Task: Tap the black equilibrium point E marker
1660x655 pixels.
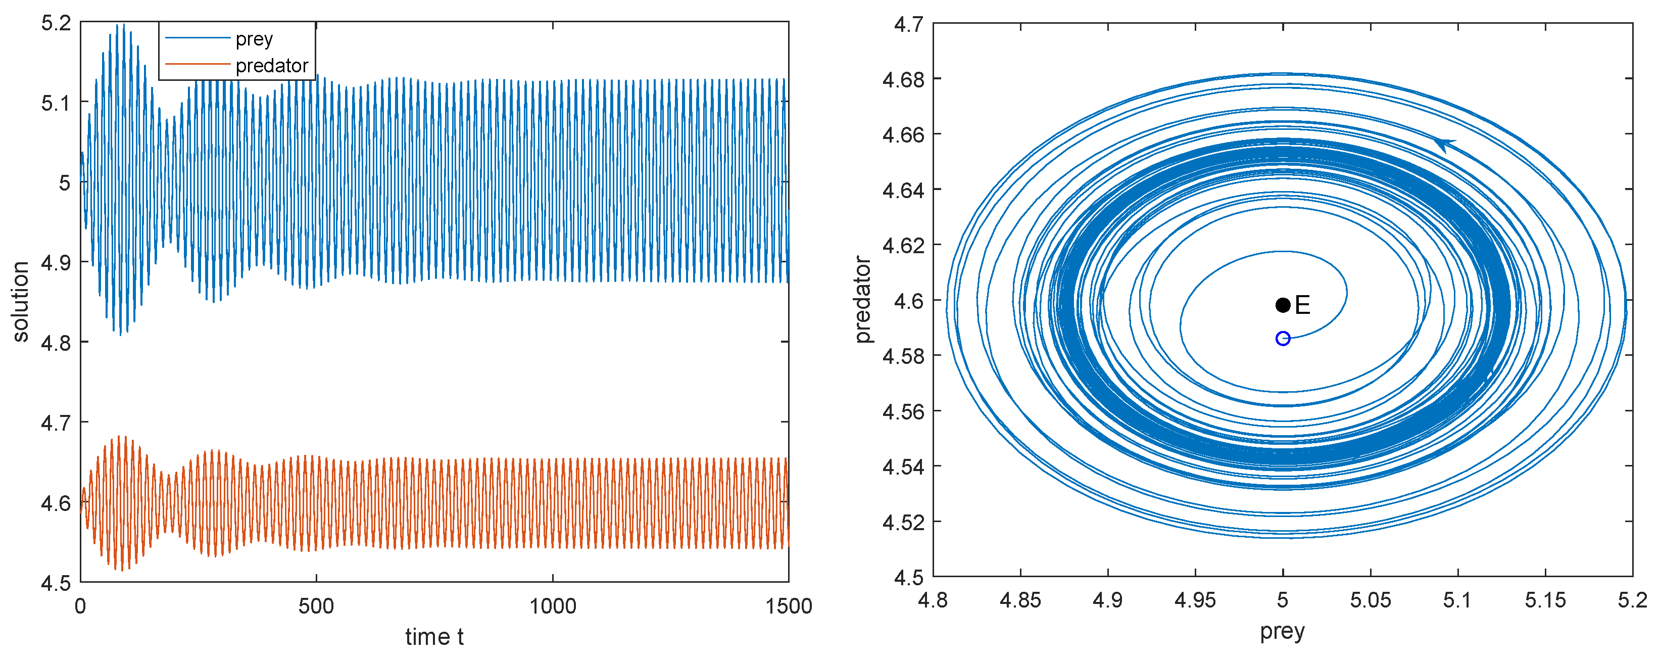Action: point(1282,305)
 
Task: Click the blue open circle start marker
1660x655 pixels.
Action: point(1282,339)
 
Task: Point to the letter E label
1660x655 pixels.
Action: point(1302,305)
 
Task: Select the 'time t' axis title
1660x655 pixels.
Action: point(434,637)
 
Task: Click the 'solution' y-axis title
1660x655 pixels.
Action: point(21,302)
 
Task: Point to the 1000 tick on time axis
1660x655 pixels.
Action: point(552,606)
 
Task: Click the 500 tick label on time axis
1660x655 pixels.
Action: point(316,606)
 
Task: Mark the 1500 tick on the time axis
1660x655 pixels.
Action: point(788,606)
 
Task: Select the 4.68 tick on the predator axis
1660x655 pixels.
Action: point(903,80)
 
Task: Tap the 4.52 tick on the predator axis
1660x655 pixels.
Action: point(903,522)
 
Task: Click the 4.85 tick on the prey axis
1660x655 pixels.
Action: point(1020,601)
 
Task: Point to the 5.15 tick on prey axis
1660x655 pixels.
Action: point(1545,601)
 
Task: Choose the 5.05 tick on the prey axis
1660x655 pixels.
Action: point(1370,601)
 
